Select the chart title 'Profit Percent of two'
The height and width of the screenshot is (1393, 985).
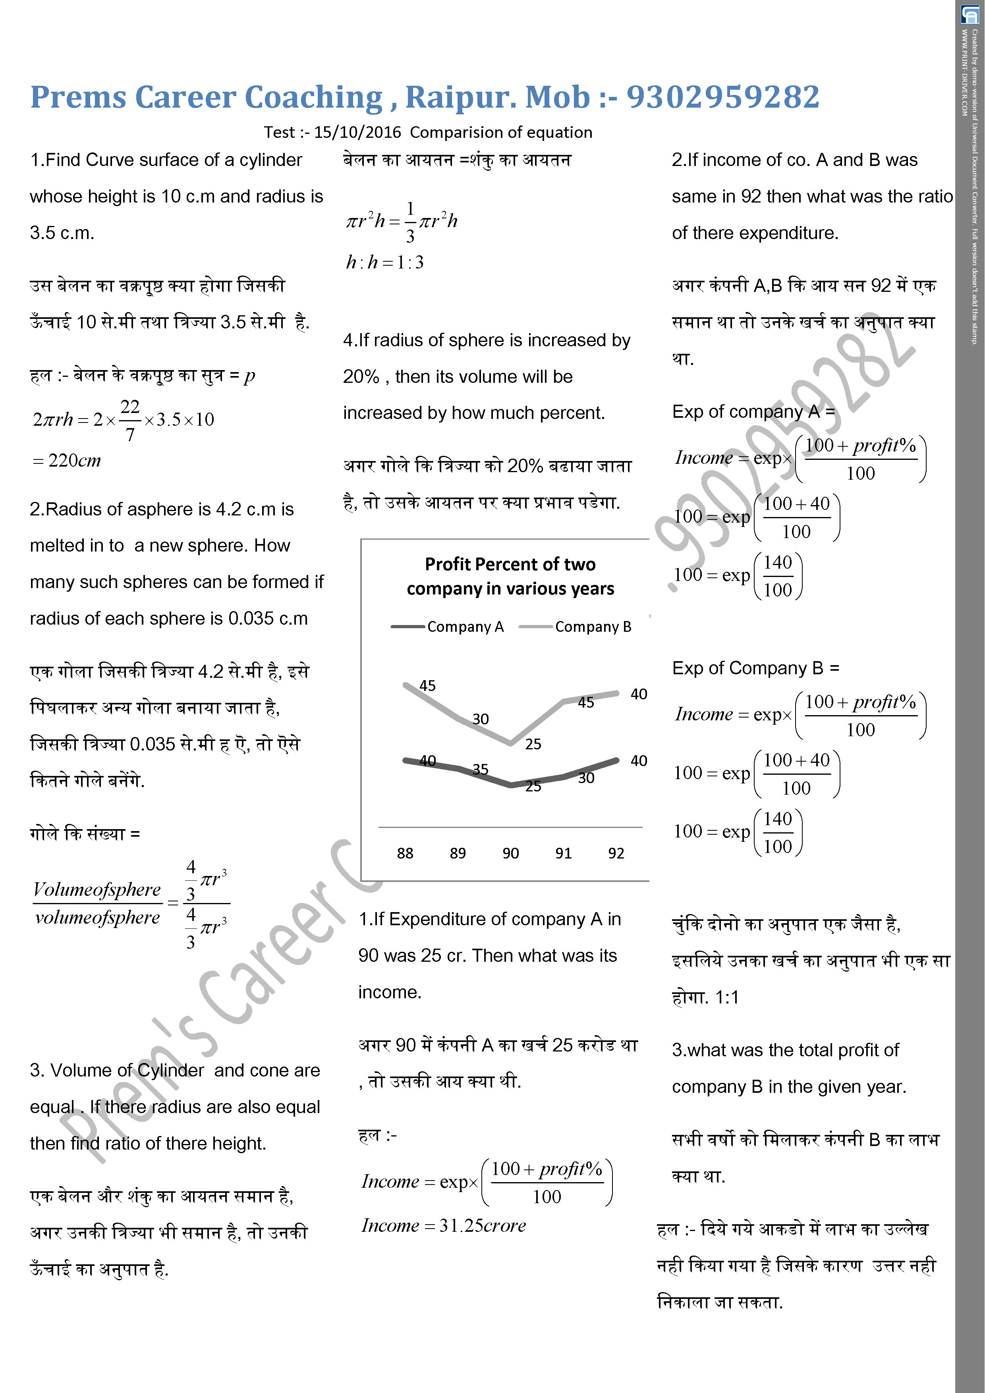[x=510, y=564]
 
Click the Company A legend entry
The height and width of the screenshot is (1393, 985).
[x=465, y=627]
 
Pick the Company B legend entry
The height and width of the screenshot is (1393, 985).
[x=592, y=627]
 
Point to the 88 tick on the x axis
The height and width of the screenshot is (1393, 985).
[x=405, y=853]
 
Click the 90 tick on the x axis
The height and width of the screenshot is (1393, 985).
[x=510, y=853]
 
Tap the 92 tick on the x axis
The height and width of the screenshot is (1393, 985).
[x=616, y=853]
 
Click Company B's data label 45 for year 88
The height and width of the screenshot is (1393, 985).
[x=427, y=685]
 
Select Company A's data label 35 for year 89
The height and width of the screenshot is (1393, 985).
[x=480, y=769]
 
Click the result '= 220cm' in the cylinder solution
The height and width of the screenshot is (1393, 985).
[x=67, y=461]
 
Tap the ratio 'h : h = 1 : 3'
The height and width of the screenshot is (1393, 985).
[x=385, y=262]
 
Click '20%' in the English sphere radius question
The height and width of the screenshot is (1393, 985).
[x=361, y=377]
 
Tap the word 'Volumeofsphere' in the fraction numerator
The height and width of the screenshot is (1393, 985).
[x=97, y=890]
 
